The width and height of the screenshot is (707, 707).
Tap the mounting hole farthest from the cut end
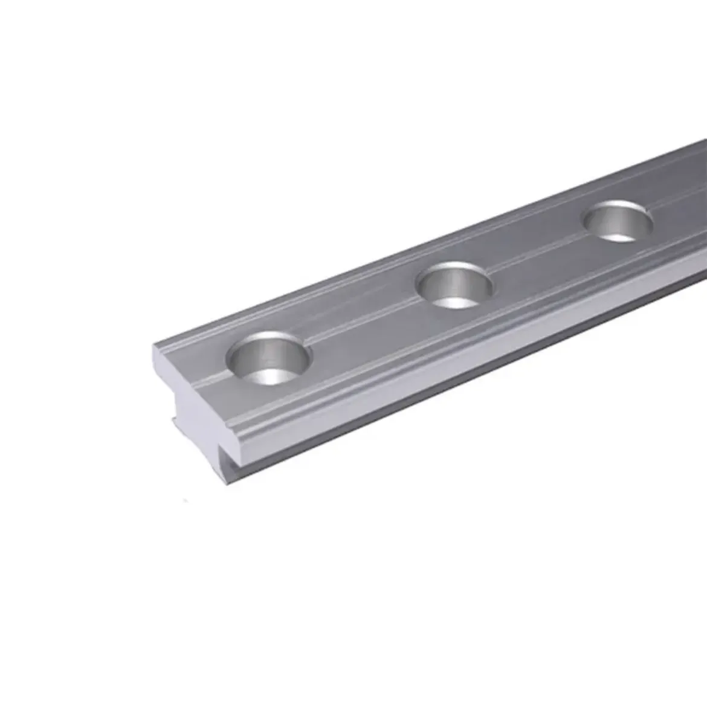coord(618,221)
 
